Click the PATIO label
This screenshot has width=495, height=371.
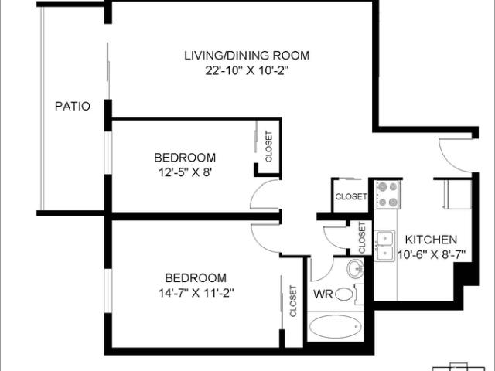tap(73, 106)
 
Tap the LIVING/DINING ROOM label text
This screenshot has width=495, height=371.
tap(247, 56)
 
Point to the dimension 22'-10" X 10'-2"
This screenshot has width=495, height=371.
tap(247, 70)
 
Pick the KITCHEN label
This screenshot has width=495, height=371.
tap(432, 240)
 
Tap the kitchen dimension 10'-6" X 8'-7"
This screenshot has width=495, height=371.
tap(432, 254)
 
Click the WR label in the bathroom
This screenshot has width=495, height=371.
tap(323, 294)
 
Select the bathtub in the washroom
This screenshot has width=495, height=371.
tap(336, 328)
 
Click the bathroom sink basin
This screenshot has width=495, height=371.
tap(355, 268)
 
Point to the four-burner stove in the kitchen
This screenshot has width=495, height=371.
tap(386, 195)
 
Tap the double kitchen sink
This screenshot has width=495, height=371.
tap(384, 244)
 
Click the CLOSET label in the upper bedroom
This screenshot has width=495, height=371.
tap(268, 147)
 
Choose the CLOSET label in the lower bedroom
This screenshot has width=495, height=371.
tap(292, 301)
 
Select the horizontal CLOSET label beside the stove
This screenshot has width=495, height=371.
tap(350, 197)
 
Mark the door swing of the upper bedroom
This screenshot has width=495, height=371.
tap(265, 193)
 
